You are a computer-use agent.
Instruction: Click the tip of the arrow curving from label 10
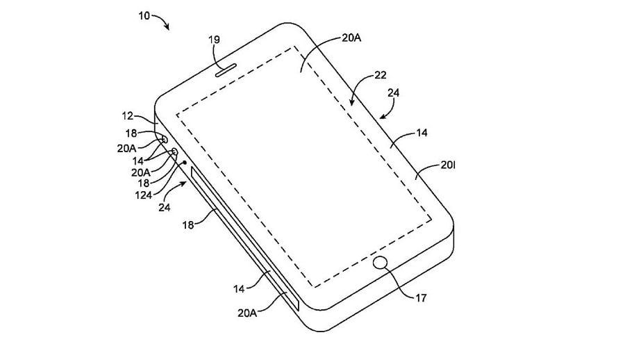(169, 30)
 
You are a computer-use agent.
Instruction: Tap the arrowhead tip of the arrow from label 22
(351, 106)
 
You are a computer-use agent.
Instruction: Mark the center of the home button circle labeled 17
(381, 263)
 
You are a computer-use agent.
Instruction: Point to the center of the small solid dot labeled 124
(185, 163)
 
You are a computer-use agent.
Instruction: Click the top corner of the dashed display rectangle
(294, 47)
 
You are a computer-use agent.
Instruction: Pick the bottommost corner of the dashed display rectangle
(315, 287)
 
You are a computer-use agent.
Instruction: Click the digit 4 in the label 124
(149, 195)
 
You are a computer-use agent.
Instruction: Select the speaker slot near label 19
(226, 69)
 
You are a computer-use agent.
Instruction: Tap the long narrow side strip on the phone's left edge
(244, 238)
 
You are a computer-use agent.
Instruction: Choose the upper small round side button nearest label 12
(164, 139)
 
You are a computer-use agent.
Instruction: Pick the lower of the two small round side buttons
(174, 152)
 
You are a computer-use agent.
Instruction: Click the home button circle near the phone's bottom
(381, 263)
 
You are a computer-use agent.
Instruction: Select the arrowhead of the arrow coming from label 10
(167, 27)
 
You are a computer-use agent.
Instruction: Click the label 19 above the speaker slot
(214, 40)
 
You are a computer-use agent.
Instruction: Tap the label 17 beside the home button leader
(421, 297)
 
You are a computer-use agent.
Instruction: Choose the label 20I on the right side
(448, 165)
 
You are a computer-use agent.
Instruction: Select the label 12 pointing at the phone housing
(128, 116)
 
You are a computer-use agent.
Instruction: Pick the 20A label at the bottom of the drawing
(247, 313)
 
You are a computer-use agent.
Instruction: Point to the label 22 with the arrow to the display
(381, 75)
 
